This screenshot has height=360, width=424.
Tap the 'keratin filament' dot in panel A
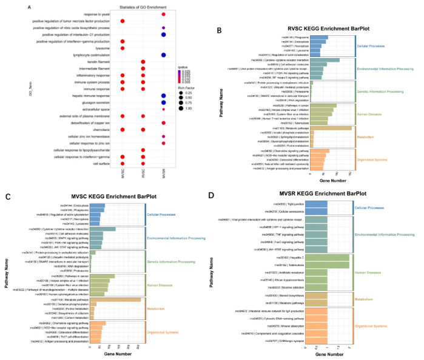coord(143,62)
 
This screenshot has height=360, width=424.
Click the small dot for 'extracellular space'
coord(164,109)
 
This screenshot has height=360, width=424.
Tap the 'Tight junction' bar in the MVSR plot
coord(319,205)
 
